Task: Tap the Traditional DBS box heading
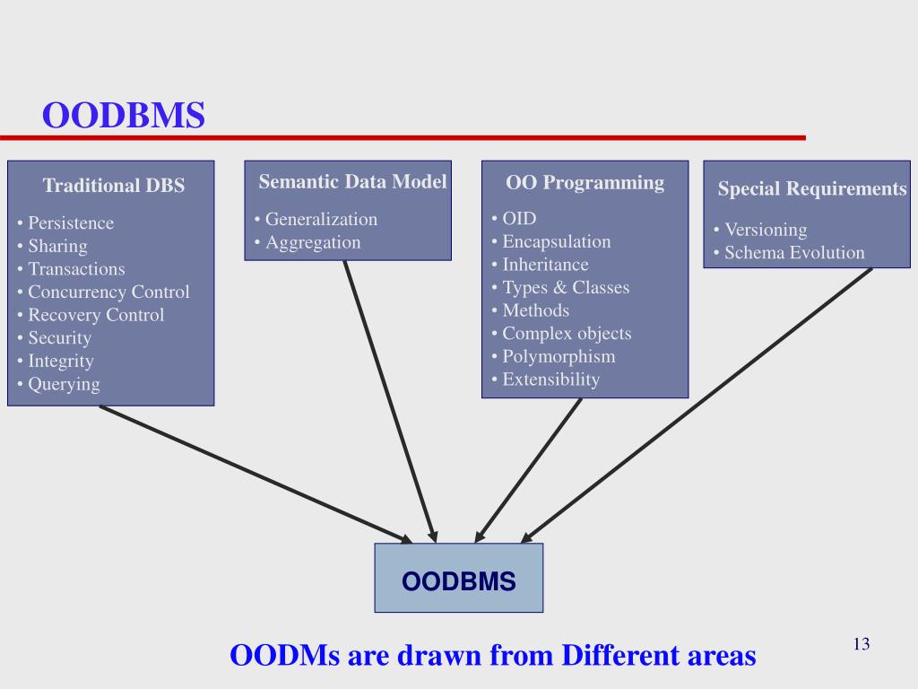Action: point(114,187)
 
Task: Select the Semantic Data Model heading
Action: point(352,182)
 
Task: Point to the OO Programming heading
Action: point(585,183)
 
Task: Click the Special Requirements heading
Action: point(812,189)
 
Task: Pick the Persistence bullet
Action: point(71,222)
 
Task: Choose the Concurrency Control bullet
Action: point(108,292)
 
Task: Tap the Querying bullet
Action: point(64,384)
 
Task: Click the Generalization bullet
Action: point(321,219)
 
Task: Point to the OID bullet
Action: point(519,218)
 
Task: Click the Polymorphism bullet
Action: point(559,356)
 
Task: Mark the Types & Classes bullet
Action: point(566,287)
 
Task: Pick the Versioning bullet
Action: point(766,230)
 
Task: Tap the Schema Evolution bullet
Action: point(794,253)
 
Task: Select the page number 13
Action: point(862,644)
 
